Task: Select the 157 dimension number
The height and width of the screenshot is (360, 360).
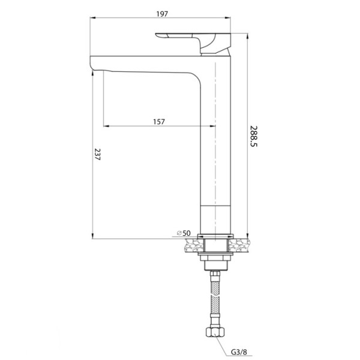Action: click(x=159, y=121)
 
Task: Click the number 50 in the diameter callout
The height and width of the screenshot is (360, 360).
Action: click(x=187, y=232)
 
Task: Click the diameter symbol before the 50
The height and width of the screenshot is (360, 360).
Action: click(x=179, y=232)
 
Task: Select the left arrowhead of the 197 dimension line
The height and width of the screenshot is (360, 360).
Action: click(x=94, y=18)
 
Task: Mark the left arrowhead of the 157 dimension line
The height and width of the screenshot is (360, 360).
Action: click(x=106, y=127)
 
